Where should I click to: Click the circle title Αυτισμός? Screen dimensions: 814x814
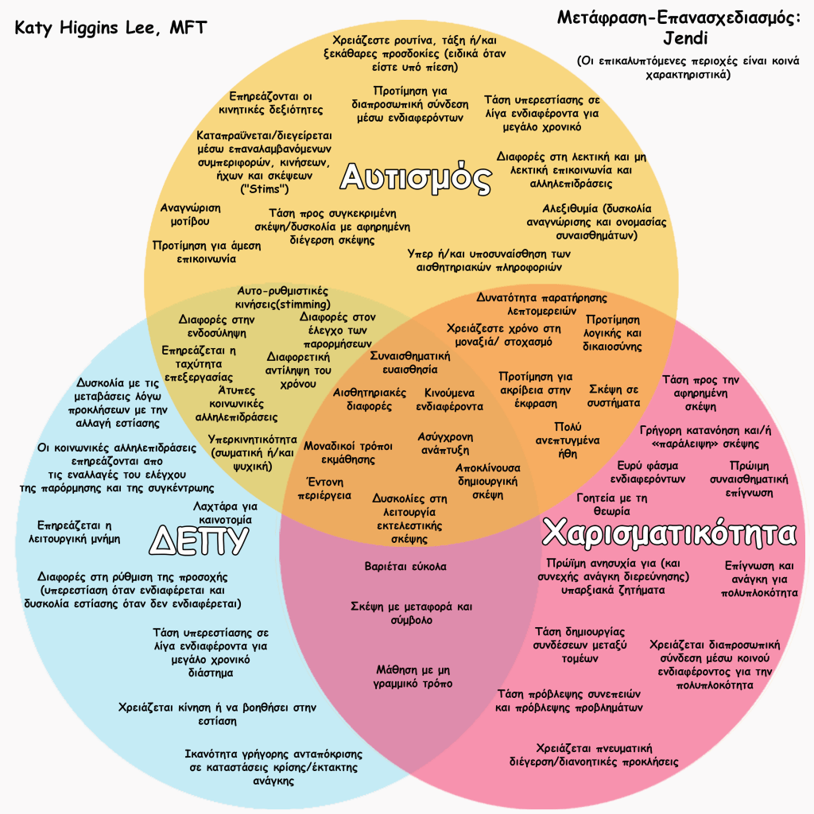tap(415, 178)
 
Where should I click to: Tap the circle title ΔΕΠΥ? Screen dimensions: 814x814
tap(200, 541)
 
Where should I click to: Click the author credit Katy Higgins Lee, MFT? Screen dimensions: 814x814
tap(111, 29)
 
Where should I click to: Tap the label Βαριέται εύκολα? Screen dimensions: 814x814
tap(405, 567)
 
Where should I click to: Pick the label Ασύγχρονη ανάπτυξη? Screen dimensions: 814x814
tap(446, 443)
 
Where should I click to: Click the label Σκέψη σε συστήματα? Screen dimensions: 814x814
tap(614, 396)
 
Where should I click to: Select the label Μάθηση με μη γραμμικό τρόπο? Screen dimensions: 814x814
tap(414, 676)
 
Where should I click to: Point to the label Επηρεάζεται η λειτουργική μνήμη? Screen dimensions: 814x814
tap(79, 531)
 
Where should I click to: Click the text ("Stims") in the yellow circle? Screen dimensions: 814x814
tap(265, 190)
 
